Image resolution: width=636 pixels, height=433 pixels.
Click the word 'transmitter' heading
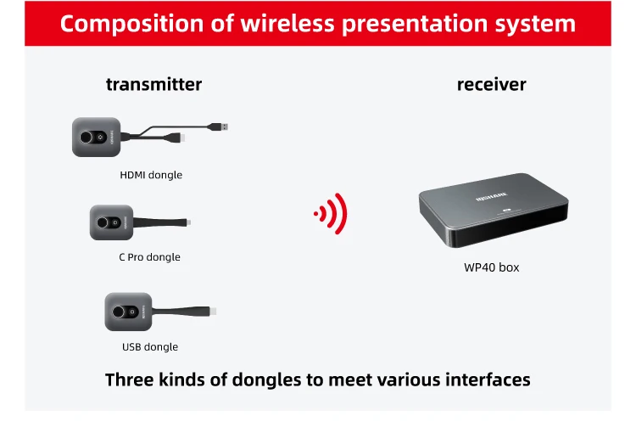coord(153,84)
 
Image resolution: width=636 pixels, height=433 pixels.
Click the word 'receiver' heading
coord(491,84)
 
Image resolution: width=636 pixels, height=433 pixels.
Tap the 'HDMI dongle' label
coord(151,175)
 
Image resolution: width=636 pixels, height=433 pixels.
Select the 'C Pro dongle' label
coord(149,257)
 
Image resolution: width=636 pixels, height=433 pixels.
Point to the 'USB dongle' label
coord(150,346)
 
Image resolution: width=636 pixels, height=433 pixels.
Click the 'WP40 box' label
coord(491,267)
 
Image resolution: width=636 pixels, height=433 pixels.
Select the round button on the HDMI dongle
coord(87,138)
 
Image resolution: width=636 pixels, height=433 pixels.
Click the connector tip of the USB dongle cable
coord(215,312)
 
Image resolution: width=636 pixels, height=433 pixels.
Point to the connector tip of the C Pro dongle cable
coord(189,223)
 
